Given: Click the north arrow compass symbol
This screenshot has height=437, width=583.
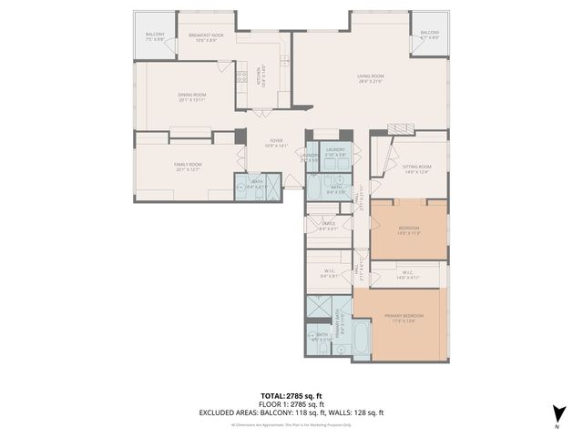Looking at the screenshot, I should coord(556,412).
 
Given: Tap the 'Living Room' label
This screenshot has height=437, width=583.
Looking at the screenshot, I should coord(370,77).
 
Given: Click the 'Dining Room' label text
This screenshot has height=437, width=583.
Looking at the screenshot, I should coord(191,96).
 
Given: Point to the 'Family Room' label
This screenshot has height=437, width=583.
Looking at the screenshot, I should coord(188,166).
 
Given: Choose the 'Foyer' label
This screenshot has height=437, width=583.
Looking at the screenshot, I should coord(275,143).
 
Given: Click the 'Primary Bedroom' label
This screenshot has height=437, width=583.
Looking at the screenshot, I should coord(397,318).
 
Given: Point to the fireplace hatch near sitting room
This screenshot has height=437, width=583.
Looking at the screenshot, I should coord(400,129).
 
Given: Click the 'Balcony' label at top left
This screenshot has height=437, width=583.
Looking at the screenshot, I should coord(154,37).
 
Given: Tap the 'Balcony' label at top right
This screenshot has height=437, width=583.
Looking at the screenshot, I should coord(430,36).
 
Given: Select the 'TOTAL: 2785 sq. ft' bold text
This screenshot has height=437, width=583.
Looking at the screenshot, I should coord(291,396).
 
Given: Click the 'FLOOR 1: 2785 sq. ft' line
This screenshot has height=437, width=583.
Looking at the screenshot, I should coord(291,404).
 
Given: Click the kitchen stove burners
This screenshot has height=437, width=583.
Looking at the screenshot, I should coord(242,76).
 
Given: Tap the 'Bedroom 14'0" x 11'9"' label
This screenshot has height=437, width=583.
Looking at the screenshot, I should coord(408,229).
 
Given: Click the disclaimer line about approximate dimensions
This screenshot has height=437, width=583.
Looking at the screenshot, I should coord(291,424).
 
